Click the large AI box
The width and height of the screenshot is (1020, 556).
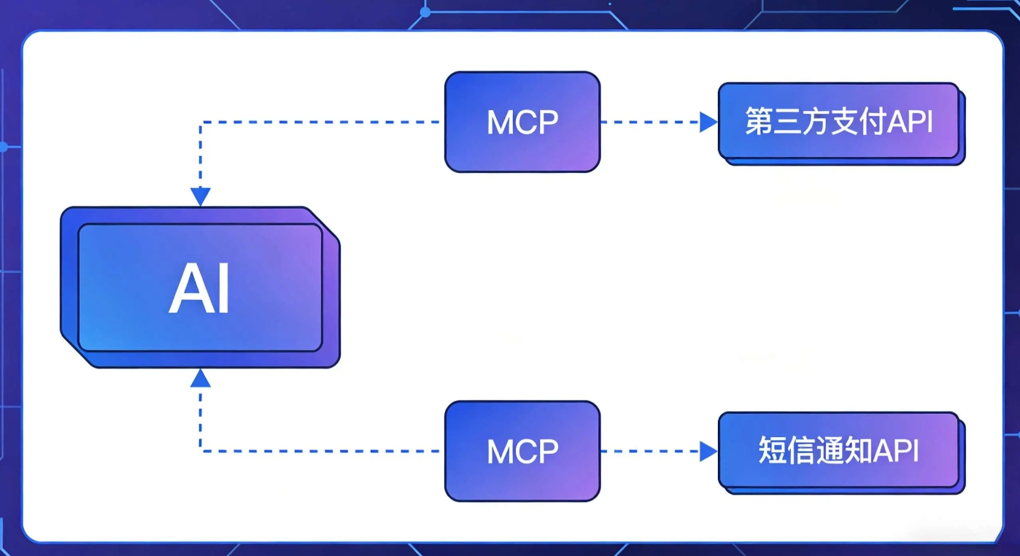coord(200,287)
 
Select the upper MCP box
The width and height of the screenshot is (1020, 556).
coord(522,122)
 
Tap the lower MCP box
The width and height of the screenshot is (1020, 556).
coord(522,451)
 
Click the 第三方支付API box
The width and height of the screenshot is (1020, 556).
coord(839,121)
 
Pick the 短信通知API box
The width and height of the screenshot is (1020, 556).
coord(839,451)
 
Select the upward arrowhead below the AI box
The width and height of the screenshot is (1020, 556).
coord(201,378)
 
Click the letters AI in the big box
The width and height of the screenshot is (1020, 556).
coord(200,289)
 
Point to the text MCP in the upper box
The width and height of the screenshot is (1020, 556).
coord(522,123)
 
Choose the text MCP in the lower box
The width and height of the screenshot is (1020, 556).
coord(522,452)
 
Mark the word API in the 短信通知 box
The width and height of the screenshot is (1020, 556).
coord(897,451)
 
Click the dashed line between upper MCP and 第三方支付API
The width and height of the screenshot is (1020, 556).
coord(649,123)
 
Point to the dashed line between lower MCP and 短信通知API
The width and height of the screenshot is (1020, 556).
coord(649,452)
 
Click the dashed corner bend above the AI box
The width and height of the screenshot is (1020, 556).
coord(201,123)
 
